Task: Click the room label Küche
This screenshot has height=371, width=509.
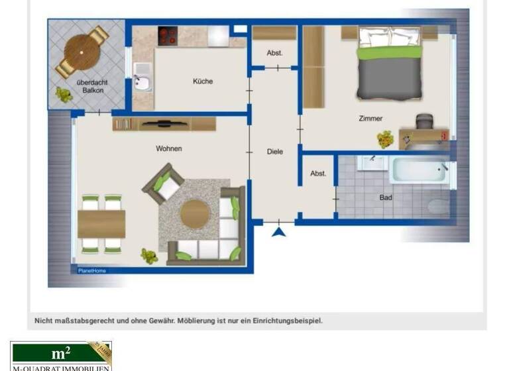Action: tap(203, 81)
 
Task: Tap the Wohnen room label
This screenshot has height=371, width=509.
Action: tap(168, 148)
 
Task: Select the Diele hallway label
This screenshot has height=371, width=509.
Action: tap(274, 152)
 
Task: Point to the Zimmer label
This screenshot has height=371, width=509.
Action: tap(370, 119)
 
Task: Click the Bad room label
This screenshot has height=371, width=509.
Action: tap(386, 197)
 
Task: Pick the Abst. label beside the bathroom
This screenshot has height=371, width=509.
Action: tap(318, 174)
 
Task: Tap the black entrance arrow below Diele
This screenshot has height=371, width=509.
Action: tap(278, 231)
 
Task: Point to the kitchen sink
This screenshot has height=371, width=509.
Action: tap(141, 78)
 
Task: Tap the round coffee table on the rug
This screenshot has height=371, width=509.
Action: tap(195, 214)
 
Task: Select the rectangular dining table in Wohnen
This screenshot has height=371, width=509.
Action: tap(101, 224)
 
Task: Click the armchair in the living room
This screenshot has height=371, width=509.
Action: tap(164, 184)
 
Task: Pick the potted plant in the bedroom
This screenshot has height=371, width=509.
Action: tap(385, 139)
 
